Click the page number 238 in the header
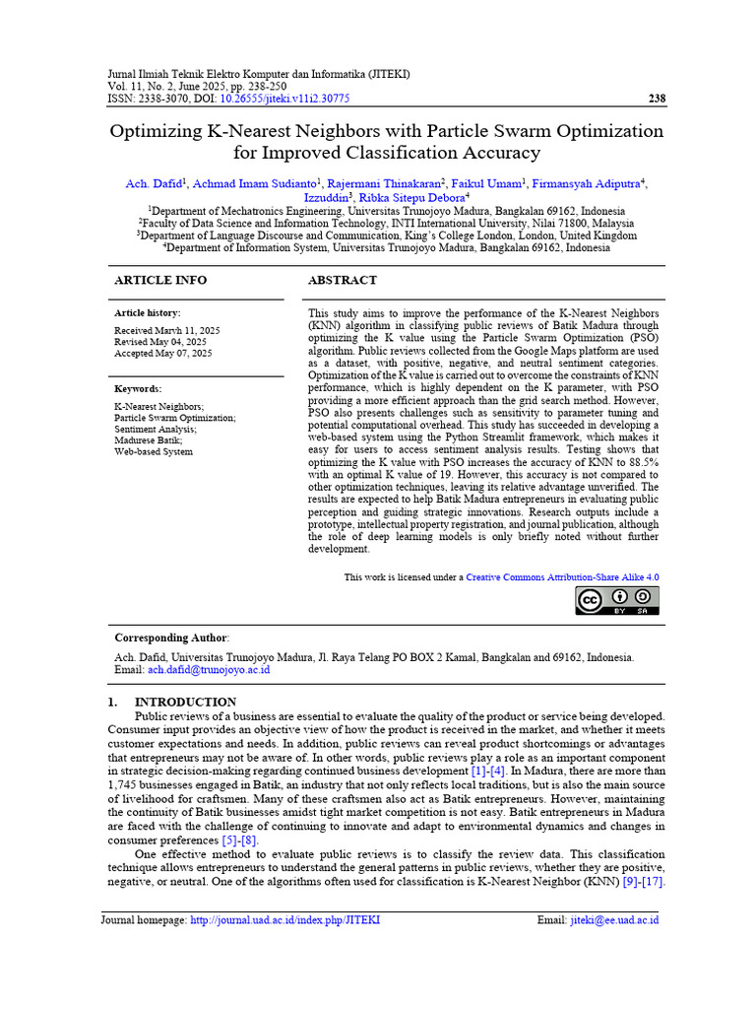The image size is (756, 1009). pyautogui.click(x=658, y=99)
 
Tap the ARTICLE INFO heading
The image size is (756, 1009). pyautogui.click(x=160, y=281)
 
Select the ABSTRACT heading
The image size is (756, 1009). pyautogui.click(x=343, y=281)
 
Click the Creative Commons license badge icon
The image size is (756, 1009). pyautogui.click(x=617, y=600)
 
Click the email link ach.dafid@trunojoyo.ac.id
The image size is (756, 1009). pyautogui.click(x=209, y=669)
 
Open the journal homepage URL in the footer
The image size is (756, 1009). pyautogui.click(x=284, y=920)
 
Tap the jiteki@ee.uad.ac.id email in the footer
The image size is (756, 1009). pyautogui.click(x=613, y=920)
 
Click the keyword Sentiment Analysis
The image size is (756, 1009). pyautogui.click(x=156, y=430)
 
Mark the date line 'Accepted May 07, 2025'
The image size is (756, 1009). pyautogui.click(x=163, y=353)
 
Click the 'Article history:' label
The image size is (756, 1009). pyautogui.click(x=148, y=313)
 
